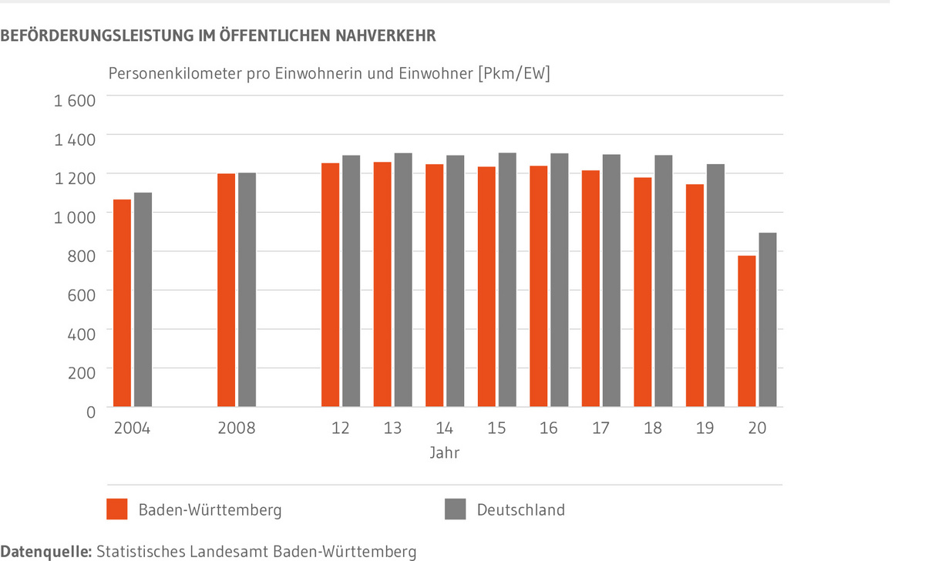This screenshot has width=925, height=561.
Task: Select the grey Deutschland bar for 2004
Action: click(143, 300)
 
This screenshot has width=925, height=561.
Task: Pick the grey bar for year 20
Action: click(767, 320)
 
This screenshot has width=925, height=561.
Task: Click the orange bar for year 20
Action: click(747, 331)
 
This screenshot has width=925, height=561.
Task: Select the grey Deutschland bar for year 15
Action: click(506, 280)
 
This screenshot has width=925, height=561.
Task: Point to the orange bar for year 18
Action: click(642, 292)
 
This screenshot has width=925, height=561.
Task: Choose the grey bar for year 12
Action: click(351, 281)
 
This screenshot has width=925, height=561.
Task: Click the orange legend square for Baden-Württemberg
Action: click(116, 509)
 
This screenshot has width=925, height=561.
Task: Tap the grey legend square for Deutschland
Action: click(455, 509)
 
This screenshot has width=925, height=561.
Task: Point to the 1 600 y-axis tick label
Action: click(74, 101)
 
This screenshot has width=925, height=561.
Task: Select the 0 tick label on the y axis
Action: click(91, 412)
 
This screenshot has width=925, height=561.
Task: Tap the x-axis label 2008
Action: click(237, 428)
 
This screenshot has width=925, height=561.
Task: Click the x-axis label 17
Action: click(600, 428)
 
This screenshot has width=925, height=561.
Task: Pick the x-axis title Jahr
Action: click(445, 453)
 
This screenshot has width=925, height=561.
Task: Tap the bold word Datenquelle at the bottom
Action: click(45, 552)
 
